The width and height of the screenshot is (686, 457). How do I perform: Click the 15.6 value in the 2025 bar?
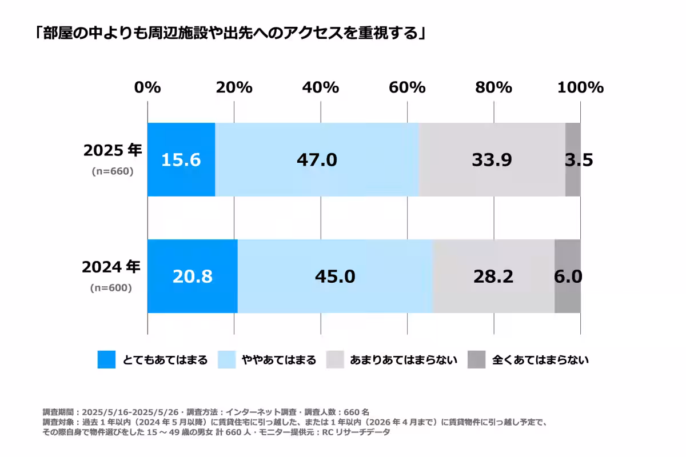click(x=181, y=160)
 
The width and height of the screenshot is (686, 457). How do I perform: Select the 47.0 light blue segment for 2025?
click(x=317, y=160)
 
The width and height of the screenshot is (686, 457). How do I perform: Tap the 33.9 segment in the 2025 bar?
click(x=492, y=160)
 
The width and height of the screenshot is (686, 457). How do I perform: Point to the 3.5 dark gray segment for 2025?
click(x=573, y=160)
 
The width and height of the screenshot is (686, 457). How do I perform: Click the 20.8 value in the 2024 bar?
click(x=192, y=276)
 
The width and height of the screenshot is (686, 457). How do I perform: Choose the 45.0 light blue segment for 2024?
click(x=335, y=276)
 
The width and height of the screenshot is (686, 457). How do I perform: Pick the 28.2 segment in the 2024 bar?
click(x=493, y=276)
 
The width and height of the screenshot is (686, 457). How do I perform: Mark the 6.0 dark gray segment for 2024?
click(x=568, y=276)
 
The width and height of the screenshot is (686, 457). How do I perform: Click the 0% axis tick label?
click(x=147, y=87)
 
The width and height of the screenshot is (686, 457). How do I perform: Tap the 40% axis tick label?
click(x=321, y=87)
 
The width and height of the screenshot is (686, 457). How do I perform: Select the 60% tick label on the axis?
click(x=407, y=87)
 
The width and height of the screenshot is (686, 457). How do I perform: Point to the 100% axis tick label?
click(x=580, y=87)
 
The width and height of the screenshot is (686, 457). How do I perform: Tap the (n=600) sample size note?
click(x=111, y=288)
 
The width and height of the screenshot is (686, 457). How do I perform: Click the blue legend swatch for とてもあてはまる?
click(x=106, y=360)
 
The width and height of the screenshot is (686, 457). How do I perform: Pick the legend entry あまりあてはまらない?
click(x=403, y=360)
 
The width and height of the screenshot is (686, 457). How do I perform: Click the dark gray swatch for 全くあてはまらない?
click(x=477, y=360)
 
